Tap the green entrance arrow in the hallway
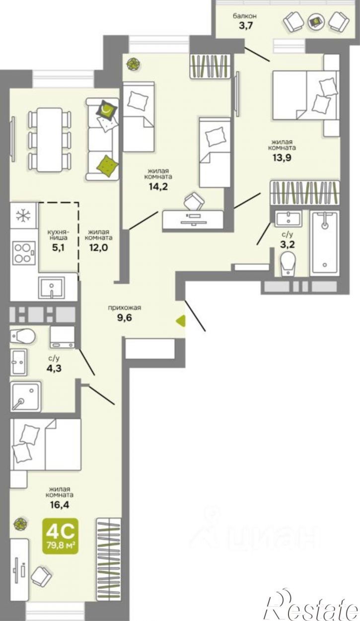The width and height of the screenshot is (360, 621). (181, 320)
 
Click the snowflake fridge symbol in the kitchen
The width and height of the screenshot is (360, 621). (23, 216)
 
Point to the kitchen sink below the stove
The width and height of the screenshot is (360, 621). (51, 288)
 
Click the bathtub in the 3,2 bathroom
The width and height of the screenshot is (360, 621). (325, 244)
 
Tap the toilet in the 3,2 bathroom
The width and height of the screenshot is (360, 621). (288, 263)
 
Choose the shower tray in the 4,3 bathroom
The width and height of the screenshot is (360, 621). (25, 396)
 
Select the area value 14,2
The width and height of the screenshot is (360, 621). (158, 187)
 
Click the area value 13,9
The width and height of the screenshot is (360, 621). (282, 158)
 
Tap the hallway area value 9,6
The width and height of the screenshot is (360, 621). (125, 317)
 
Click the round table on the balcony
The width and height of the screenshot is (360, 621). (316, 22)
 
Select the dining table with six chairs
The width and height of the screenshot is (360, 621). (49, 140)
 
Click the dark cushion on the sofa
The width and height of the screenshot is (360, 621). (106, 110)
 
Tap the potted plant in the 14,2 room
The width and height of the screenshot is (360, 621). (133, 64)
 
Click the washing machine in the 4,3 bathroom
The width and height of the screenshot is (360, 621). (63, 337)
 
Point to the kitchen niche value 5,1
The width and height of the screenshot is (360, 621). (59, 247)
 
